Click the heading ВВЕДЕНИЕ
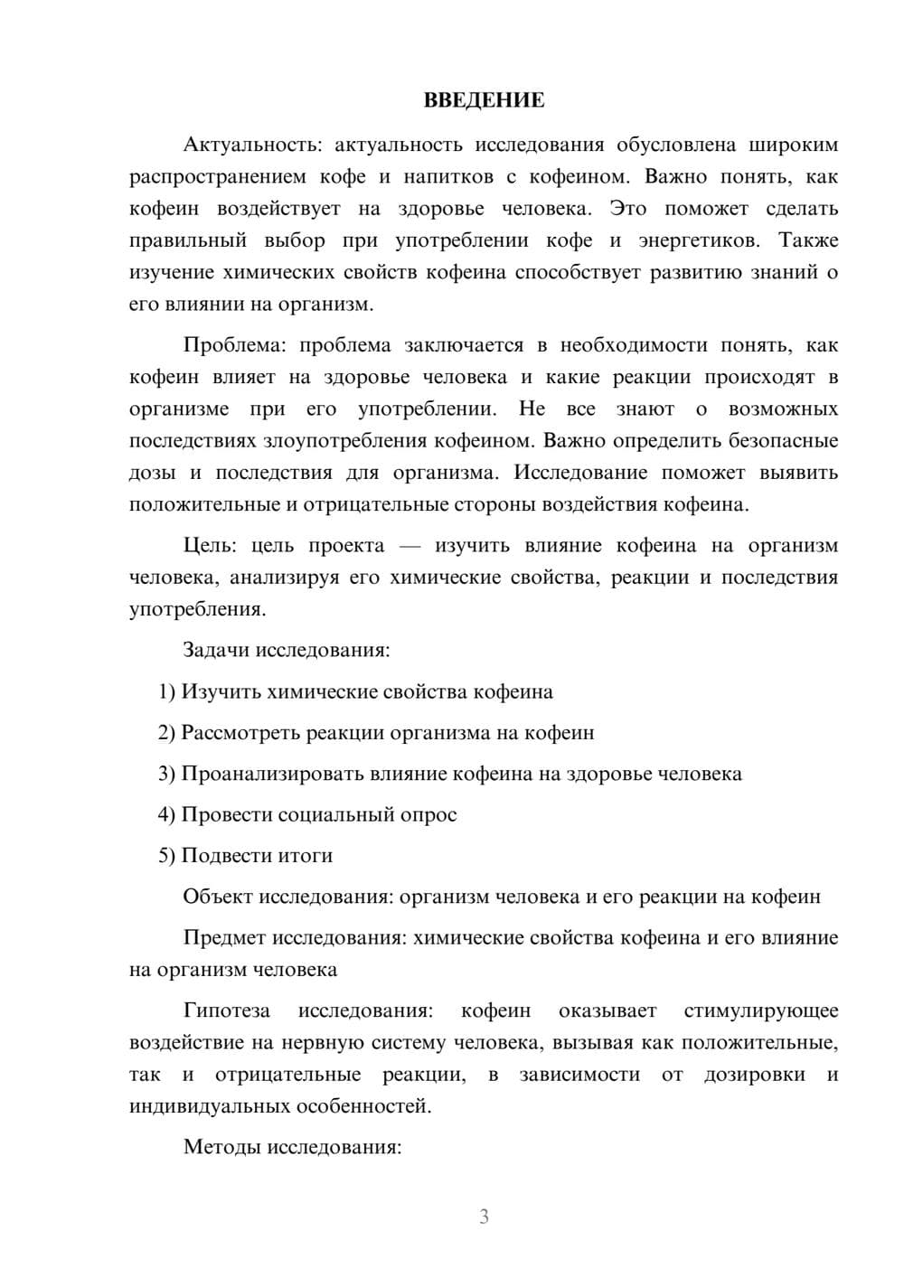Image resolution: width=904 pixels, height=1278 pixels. coord(484,100)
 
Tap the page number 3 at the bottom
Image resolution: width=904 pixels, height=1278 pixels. coord(484,1217)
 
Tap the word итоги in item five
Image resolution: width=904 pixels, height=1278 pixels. coord(307,856)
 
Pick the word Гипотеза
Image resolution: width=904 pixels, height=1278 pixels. coord(226,1010)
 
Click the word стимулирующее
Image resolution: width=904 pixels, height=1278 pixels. coord(761,1010)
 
